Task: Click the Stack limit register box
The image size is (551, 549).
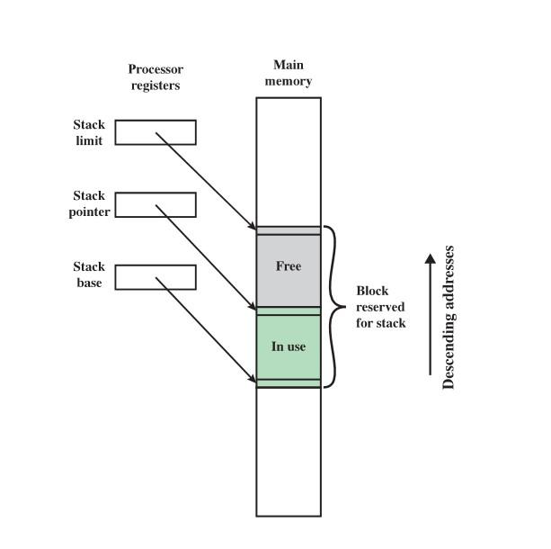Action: tap(156, 132)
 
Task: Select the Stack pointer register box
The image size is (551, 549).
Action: tap(156, 204)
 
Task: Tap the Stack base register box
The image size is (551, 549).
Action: tap(156, 276)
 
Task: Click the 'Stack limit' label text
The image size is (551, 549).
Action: tap(89, 132)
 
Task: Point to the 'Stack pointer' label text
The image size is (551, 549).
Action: tap(89, 204)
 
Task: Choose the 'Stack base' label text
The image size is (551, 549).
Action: tap(89, 275)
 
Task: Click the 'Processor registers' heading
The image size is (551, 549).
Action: tap(155, 77)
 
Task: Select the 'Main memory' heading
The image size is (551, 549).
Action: tap(289, 73)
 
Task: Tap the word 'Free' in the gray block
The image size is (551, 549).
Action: tap(289, 266)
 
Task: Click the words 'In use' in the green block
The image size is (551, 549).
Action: tap(289, 346)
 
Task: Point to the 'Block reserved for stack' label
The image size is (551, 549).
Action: tap(380, 307)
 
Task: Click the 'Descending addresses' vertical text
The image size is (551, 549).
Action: tap(449, 317)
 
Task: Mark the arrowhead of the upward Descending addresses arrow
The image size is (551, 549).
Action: tap(431, 259)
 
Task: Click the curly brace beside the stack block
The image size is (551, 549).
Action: tap(334, 306)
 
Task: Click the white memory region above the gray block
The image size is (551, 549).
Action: tap(289, 162)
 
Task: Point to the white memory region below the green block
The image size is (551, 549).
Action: tap(289, 450)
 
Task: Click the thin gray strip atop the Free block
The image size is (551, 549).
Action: tap(289, 230)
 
